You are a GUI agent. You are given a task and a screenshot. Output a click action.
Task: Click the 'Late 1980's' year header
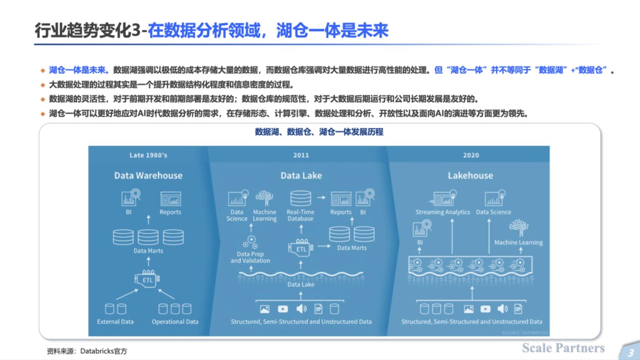coord(148,155)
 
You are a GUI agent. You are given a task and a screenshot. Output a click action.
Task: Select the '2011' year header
coord(301,155)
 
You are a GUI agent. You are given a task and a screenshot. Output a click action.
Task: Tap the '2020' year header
coord(471,155)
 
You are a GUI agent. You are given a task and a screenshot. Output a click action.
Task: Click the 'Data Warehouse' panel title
coord(148,175)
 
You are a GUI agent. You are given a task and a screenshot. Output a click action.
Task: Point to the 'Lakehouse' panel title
coord(470,175)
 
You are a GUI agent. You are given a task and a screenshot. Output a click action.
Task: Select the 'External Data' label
coord(115,322)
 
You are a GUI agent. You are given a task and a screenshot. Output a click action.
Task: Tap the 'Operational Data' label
coord(175,322)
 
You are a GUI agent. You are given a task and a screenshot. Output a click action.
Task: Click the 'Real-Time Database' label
coord(300,215)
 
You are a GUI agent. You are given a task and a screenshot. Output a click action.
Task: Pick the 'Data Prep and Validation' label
coord(250,257)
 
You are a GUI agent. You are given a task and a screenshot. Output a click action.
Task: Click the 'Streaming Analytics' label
coord(443,212)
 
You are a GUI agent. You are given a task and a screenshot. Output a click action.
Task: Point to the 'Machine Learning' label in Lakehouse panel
coord(518,242)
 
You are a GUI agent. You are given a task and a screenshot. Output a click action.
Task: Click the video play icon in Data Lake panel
coord(283,309)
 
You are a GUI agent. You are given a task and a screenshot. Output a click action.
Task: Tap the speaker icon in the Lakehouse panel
coord(503,309)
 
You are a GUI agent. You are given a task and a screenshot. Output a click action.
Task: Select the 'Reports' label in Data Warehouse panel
coord(170,212)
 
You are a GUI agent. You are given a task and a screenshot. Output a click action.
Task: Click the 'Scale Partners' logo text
coord(563,348)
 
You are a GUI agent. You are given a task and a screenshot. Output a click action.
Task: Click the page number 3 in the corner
coord(630,353)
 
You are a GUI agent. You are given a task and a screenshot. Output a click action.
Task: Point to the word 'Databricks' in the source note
coord(97,351)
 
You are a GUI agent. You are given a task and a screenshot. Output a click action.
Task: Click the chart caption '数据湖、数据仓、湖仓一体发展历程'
coord(319,132)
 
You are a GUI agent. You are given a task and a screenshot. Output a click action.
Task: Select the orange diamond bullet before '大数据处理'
coord(43,85)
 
